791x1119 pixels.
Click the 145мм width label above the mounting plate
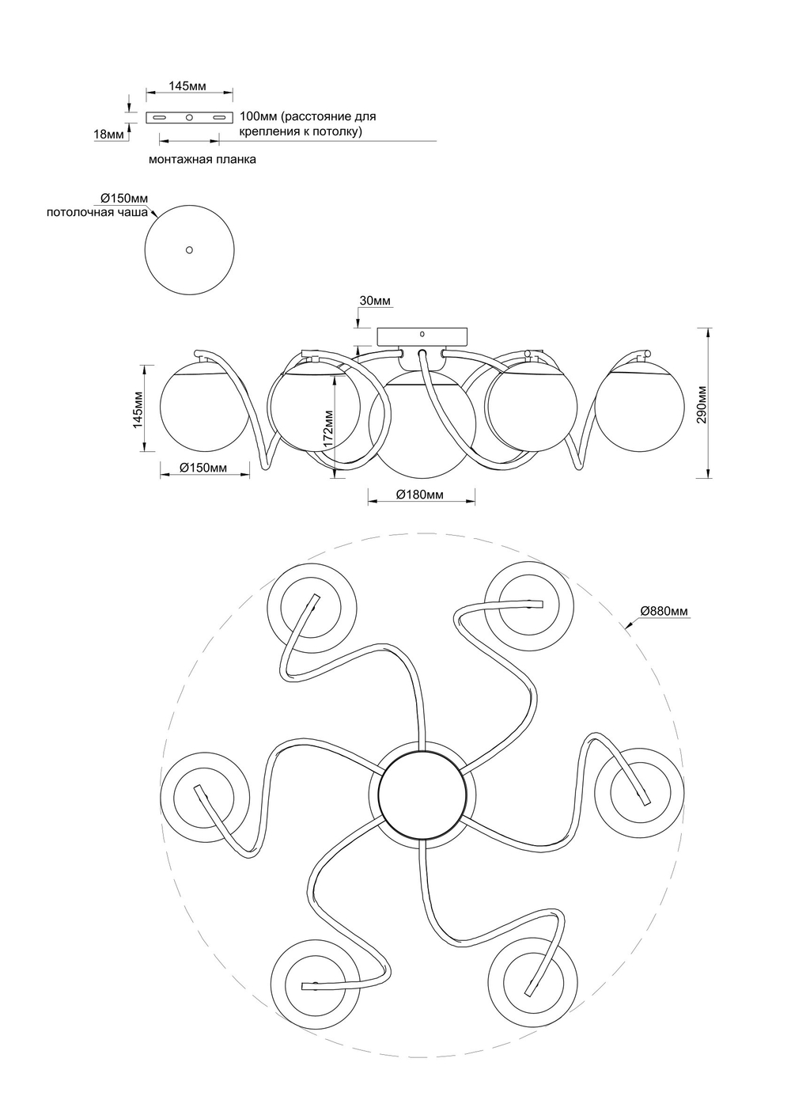(188, 85)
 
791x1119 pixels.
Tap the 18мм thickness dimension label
(109, 135)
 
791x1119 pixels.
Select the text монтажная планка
(202, 159)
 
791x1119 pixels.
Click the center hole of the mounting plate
(189, 118)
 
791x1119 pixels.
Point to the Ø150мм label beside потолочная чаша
(124, 198)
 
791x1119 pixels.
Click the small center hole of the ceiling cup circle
(188, 249)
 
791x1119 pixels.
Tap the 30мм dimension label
(375, 301)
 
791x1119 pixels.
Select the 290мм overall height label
(701, 405)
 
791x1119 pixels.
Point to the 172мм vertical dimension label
(328, 430)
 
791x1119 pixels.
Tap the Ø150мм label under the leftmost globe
(203, 468)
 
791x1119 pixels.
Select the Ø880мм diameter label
(664, 611)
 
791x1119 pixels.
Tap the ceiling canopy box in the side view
(422, 336)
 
